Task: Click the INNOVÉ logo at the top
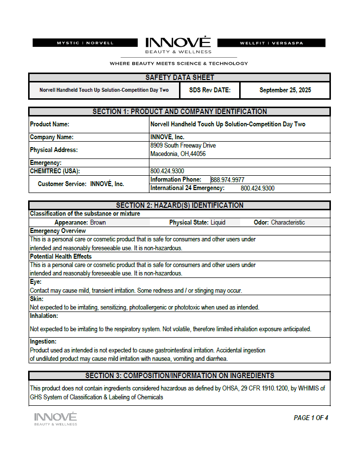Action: pos(178,44)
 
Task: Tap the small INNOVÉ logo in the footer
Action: pos(55,419)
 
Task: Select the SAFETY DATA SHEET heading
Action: pos(180,78)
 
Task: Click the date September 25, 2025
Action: pos(285,90)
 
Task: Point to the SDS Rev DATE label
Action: pos(207,90)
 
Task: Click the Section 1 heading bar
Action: pos(180,112)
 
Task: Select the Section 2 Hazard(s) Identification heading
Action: pos(180,205)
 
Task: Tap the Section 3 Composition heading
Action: pos(180,376)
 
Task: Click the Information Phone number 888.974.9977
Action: pos(227,180)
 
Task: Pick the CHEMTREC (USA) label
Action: pos(55,171)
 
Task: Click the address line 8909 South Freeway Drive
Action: pos(183,146)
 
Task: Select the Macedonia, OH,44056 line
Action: pos(178,154)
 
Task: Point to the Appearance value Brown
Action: pos(98,223)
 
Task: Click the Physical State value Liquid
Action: pos(218,223)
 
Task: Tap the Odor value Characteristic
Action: pos(288,223)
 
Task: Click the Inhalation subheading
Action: pos(44,316)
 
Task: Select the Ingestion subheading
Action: pos(43,342)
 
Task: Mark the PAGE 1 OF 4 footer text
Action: pos(311,418)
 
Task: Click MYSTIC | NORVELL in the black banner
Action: pos(85,43)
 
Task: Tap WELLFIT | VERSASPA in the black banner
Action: pos(271,43)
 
